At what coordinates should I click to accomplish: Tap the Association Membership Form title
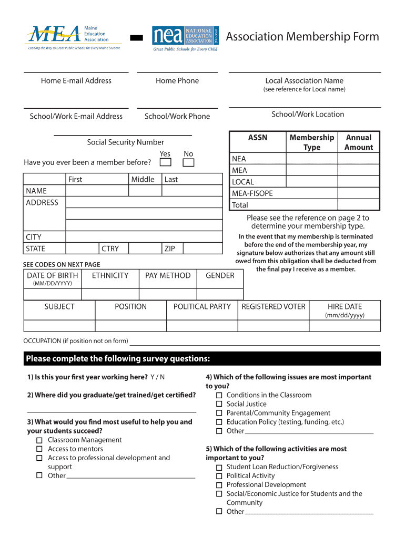302,37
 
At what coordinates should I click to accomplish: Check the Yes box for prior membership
165,162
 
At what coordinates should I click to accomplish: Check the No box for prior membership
188,162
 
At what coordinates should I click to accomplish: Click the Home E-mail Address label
76,80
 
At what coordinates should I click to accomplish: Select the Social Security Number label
125,142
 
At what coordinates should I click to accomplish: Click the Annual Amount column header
358,142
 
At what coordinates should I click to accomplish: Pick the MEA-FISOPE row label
252,193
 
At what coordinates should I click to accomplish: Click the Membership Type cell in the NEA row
311,159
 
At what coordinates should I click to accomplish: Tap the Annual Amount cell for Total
358,205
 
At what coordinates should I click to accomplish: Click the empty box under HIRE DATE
345,326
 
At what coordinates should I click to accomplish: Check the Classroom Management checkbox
39,440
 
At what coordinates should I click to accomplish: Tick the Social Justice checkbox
219,404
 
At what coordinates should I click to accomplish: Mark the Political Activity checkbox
219,475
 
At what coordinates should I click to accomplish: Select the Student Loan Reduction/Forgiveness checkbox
219,467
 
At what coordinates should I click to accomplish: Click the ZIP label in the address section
169,249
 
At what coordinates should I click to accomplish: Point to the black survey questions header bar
202,359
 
